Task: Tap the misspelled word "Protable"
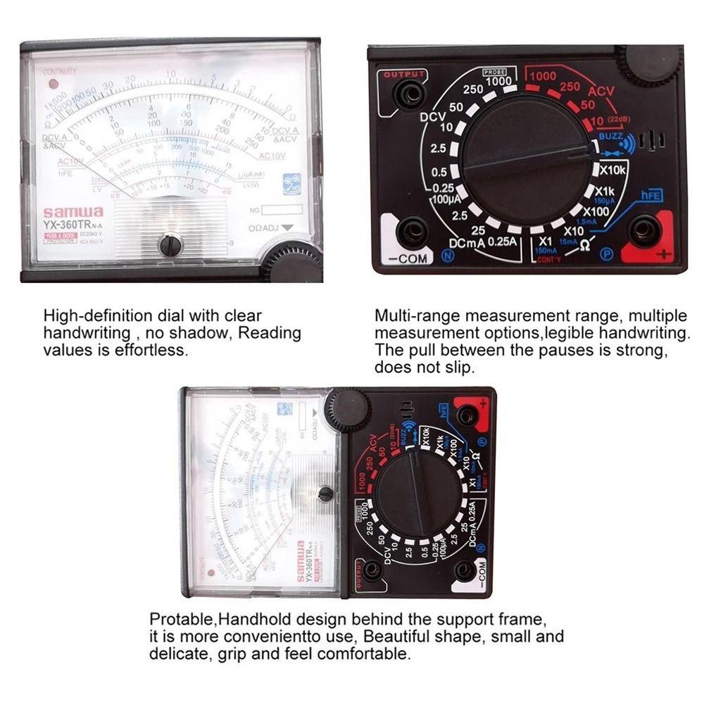pyautogui.click(x=182, y=620)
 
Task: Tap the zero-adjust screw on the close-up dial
pyautogui.click(x=170, y=245)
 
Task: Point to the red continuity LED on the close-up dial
pyautogui.click(x=53, y=84)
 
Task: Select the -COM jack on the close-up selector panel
pyautogui.click(x=413, y=232)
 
